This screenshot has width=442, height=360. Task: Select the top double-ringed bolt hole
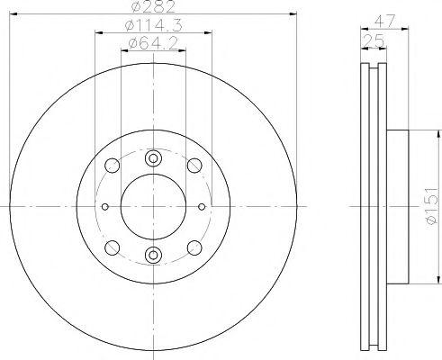153,158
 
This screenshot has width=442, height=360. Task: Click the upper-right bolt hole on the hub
194,166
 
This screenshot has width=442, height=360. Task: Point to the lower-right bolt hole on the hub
194,246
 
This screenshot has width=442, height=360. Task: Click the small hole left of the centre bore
104,205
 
